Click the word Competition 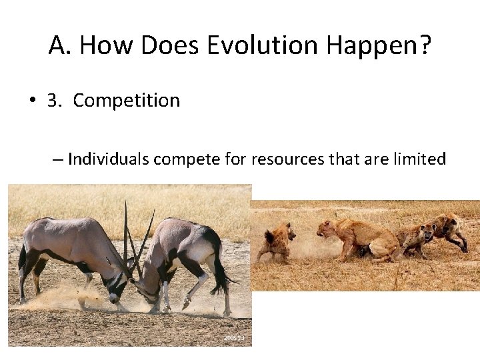(x=126, y=101)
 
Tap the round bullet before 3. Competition (x=31, y=101)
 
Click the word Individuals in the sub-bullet (x=109, y=159)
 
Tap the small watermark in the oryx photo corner (x=234, y=339)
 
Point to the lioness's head (x=327, y=230)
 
